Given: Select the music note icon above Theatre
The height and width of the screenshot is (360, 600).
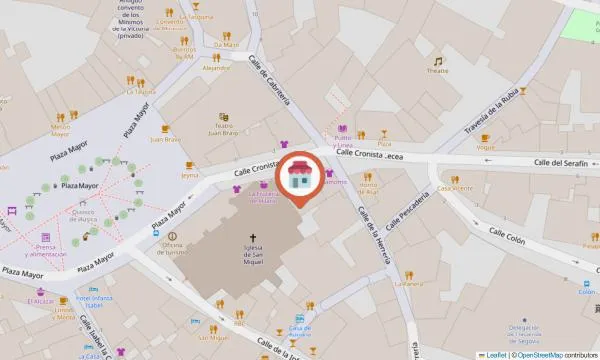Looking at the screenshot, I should pyautogui.click(x=438, y=61).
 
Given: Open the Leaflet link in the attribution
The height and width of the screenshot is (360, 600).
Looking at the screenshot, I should pyautogui.click(x=494, y=355).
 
